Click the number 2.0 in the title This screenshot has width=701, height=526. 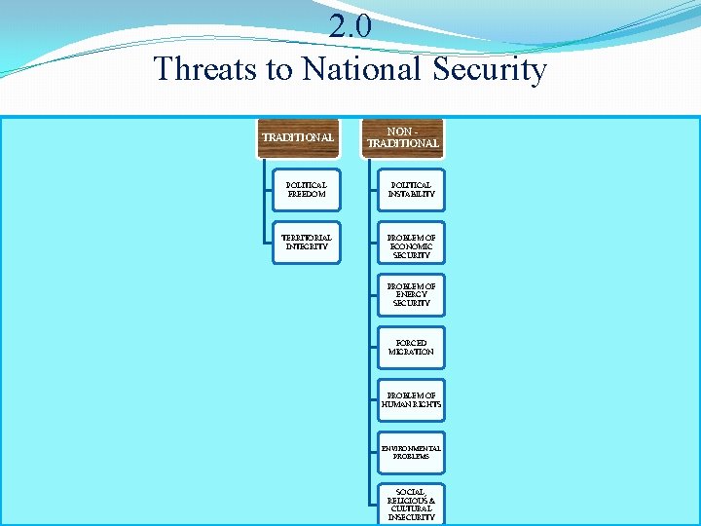(x=350, y=26)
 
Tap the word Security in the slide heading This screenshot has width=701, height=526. (x=491, y=69)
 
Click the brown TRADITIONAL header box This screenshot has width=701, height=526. (x=298, y=137)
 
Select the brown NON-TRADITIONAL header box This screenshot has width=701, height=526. (x=403, y=137)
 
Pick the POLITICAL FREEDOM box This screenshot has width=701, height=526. (x=307, y=189)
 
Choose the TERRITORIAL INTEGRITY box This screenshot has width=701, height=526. (x=307, y=242)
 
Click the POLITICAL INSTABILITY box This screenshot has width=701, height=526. (x=411, y=189)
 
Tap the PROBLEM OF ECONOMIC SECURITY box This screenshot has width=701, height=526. (x=411, y=246)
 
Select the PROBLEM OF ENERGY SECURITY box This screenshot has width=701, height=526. (x=411, y=295)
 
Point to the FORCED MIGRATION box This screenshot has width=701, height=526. (x=411, y=347)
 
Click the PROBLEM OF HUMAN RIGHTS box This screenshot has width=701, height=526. (x=411, y=399)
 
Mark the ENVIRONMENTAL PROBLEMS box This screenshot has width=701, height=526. (x=411, y=452)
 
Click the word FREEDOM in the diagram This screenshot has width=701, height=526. (x=307, y=194)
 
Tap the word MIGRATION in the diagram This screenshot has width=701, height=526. (x=411, y=352)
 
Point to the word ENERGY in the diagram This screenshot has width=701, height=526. (x=411, y=295)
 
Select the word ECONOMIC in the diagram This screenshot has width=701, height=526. (x=411, y=246)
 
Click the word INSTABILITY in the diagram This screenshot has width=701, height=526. (x=411, y=194)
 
